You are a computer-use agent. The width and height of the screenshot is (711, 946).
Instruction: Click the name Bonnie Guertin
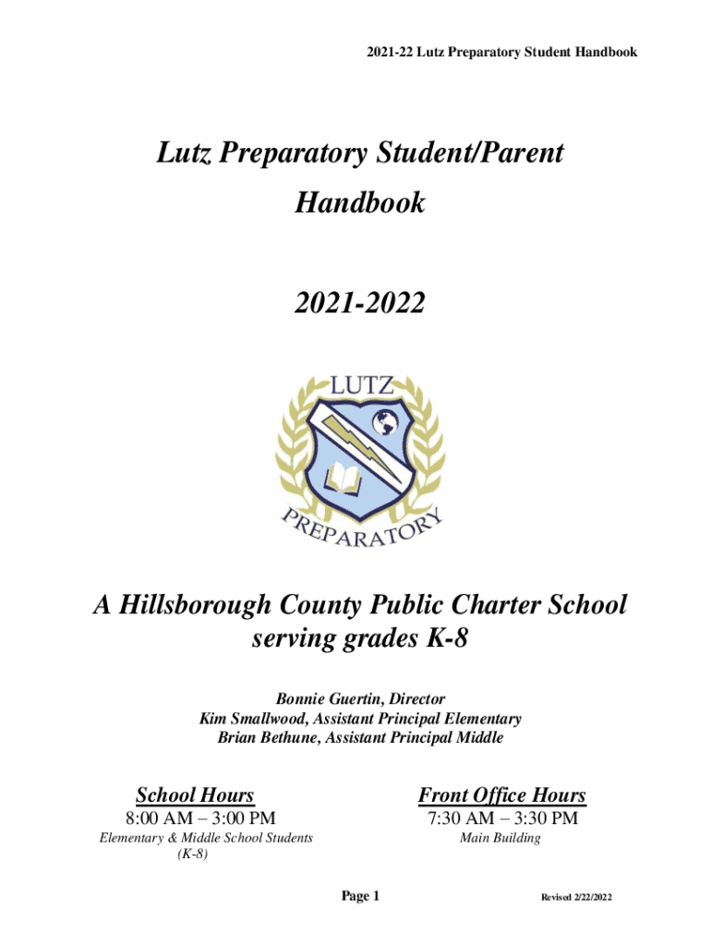[315, 699]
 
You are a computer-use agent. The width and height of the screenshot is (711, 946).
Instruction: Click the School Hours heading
[195, 794]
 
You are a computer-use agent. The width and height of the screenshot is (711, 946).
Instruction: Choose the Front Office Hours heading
[501, 794]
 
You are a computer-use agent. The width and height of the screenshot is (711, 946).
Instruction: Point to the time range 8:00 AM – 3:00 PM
[199, 818]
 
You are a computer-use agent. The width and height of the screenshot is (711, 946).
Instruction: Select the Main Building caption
[500, 839]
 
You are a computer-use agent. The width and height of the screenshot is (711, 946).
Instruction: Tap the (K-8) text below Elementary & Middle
[191, 855]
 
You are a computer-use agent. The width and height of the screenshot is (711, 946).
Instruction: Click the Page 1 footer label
[360, 896]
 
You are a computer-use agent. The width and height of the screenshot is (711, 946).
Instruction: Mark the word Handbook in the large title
[359, 202]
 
